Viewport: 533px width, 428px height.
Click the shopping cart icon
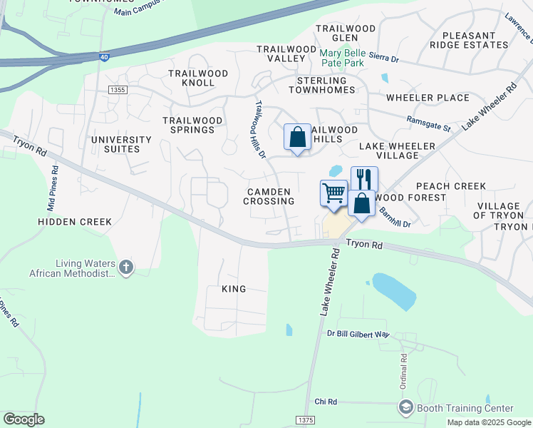(x=333, y=193)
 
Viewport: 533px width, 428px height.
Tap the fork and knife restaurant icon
(x=364, y=178)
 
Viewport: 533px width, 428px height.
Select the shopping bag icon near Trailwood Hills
(x=297, y=136)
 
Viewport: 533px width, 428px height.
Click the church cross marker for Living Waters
(x=125, y=267)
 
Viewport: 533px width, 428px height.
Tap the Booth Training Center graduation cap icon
(x=405, y=407)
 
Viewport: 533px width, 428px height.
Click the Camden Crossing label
(x=269, y=197)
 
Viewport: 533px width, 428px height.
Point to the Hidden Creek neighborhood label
(x=75, y=222)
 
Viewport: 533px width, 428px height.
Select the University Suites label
(x=121, y=145)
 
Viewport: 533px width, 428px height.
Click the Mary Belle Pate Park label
(x=343, y=58)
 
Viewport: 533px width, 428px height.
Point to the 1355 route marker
(x=118, y=90)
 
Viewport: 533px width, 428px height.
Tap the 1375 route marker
(x=304, y=421)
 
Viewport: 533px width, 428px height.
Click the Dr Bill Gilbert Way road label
(x=358, y=334)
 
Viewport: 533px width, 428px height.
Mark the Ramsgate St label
(x=429, y=124)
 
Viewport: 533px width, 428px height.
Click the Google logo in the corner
(x=24, y=419)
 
